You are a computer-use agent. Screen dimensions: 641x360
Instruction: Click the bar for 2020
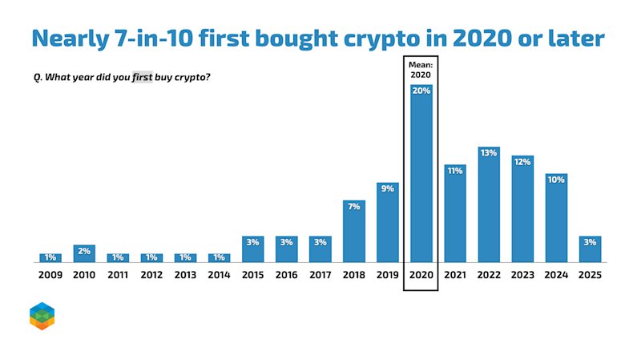[x=421, y=173]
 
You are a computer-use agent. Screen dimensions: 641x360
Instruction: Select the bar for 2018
[x=354, y=231]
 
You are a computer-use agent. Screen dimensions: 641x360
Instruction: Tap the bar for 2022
[x=489, y=204]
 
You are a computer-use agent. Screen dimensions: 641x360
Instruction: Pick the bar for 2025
[x=590, y=249]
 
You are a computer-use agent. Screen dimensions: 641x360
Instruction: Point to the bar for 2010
[x=84, y=253]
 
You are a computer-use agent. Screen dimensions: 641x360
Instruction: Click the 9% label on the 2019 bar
[x=388, y=188]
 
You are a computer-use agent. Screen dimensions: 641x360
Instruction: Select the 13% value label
[x=489, y=153]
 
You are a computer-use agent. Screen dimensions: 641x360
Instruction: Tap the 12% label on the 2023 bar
[x=522, y=162]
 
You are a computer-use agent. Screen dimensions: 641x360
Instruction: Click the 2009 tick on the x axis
[x=50, y=275]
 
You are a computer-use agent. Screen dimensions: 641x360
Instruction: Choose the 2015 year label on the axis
[x=252, y=275]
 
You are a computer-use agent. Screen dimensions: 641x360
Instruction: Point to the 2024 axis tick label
[x=556, y=275]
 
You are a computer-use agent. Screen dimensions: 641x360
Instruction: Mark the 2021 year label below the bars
[x=455, y=275]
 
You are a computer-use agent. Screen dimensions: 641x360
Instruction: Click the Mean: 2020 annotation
[x=421, y=70]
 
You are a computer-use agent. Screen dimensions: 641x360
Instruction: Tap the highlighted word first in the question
[x=143, y=77]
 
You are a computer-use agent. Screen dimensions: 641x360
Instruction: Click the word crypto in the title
[x=381, y=38]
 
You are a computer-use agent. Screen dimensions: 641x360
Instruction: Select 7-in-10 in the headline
[x=155, y=38]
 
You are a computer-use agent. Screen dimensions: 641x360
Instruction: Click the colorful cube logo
[x=42, y=316]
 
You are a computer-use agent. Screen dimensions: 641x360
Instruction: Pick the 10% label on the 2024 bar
[x=556, y=180]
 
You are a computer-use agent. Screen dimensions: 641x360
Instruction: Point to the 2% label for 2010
[x=84, y=251]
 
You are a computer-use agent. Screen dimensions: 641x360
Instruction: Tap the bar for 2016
[x=287, y=249]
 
